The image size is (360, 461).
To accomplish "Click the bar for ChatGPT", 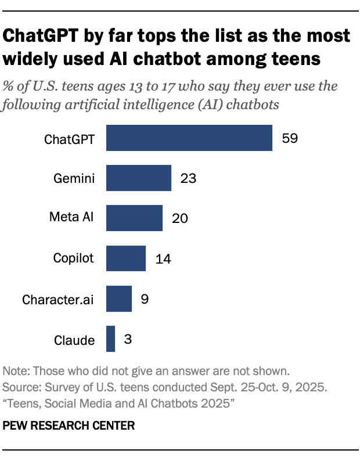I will click(x=189, y=138).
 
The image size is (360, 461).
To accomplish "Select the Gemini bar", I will click(x=139, y=178).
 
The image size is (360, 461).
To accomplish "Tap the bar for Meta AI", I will click(x=134, y=218).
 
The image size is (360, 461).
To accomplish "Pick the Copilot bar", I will click(x=126, y=258).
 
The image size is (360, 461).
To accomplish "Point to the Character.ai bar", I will click(x=119, y=298).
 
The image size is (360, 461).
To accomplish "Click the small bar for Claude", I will click(x=110, y=338).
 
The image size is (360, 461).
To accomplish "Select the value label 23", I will click(x=188, y=178).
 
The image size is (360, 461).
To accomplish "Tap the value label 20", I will click(x=179, y=218).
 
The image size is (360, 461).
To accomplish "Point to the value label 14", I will click(x=163, y=258).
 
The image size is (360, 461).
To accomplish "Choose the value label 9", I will click(x=145, y=299).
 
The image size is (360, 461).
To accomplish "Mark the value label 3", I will click(x=128, y=339).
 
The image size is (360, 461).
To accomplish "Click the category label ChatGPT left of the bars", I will click(x=70, y=139).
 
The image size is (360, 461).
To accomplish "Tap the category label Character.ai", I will click(x=58, y=300).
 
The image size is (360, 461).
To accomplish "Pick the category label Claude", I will click(x=74, y=340).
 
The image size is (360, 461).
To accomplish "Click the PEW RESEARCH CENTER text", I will click(x=69, y=426).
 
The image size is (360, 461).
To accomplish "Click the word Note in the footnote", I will click(x=15, y=371).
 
